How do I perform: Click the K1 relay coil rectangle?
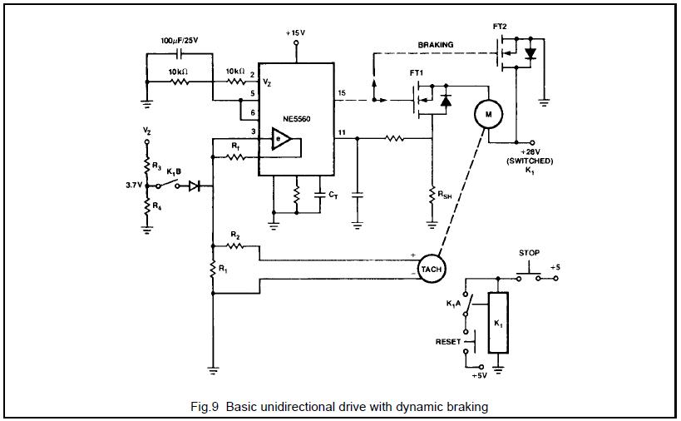point(497,323)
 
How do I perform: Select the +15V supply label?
point(295,32)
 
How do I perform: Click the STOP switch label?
point(529,252)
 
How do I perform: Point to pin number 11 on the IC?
point(343,132)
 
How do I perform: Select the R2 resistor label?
point(235,235)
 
